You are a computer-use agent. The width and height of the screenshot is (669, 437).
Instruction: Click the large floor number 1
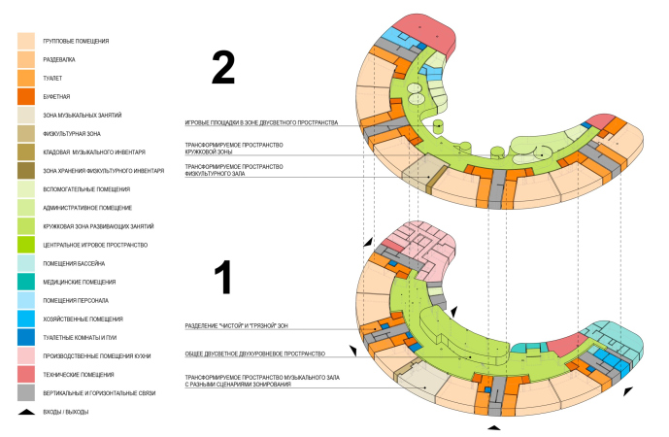[x=223, y=276]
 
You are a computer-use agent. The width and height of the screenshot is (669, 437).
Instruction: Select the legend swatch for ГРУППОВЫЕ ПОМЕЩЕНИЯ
[x=26, y=41]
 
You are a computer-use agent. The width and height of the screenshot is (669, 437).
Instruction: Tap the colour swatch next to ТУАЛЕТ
[x=26, y=78]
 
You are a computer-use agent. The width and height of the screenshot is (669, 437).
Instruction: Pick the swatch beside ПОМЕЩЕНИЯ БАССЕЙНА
[x=26, y=263]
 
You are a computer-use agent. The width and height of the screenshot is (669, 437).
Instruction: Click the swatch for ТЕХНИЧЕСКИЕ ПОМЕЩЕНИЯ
[x=26, y=374]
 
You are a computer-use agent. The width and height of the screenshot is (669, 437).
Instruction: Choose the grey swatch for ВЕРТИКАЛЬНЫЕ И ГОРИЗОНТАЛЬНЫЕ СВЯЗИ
[x=26, y=392]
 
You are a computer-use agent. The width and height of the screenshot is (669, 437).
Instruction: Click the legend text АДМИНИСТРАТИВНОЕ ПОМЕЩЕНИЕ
[x=81, y=208]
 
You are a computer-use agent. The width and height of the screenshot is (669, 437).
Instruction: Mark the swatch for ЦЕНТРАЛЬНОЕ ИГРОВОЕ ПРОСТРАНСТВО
[x=26, y=245]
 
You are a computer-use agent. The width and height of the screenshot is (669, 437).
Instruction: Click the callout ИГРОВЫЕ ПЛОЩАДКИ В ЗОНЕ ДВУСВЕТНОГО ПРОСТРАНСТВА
[x=261, y=123]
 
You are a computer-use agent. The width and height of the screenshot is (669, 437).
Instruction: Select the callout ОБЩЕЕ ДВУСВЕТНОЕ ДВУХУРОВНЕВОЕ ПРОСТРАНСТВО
[x=254, y=353]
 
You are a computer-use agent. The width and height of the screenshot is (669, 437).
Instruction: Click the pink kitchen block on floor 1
[x=425, y=244]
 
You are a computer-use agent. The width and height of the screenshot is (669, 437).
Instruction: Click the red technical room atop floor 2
[x=425, y=33]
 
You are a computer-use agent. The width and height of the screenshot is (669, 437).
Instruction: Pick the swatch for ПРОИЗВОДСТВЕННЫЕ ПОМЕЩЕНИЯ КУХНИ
[x=26, y=355]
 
